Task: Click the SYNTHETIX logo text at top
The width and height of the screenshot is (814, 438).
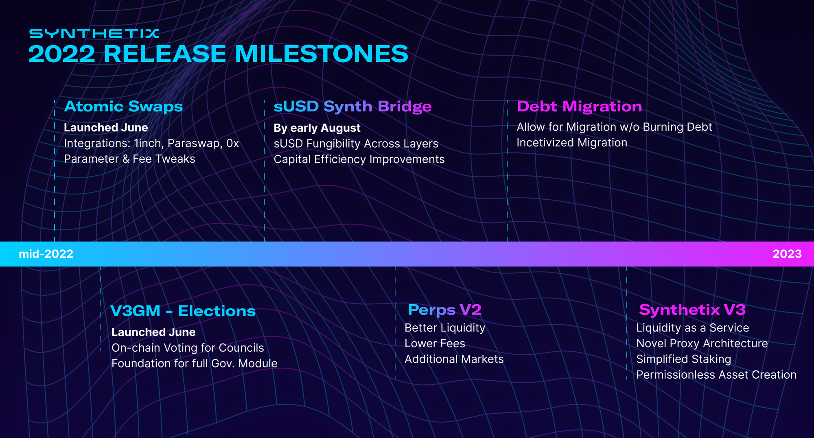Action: [94, 33]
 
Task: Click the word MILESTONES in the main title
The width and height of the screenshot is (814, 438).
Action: [321, 54]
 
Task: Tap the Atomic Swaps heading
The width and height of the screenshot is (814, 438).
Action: [123, 107]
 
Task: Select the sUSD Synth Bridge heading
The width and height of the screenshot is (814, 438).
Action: [352, 107]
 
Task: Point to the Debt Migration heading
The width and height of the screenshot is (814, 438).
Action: [579, 107]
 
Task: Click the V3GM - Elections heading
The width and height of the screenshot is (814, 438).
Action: [183, 311]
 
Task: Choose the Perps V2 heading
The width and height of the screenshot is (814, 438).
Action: [444, 310]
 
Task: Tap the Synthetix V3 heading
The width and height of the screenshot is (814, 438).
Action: [692, 310]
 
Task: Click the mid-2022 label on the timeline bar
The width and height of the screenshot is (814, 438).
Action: [46, 254]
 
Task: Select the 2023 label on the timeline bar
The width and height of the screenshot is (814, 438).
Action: [787, 254]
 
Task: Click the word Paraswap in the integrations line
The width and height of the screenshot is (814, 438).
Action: [194, 144]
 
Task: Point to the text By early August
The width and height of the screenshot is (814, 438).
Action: [317, 128]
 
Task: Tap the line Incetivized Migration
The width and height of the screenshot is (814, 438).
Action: [572, 143]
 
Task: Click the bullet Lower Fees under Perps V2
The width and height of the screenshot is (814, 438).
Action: [435, 344]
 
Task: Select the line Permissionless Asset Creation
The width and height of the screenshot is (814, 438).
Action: [716, 375]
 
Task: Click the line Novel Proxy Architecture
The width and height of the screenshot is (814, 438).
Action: [702, 344]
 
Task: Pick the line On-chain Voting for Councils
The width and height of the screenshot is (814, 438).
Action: [188, 348]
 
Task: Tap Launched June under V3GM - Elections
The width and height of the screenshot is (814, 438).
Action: [153, 332]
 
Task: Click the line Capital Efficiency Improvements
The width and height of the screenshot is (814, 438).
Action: [359, 159]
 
